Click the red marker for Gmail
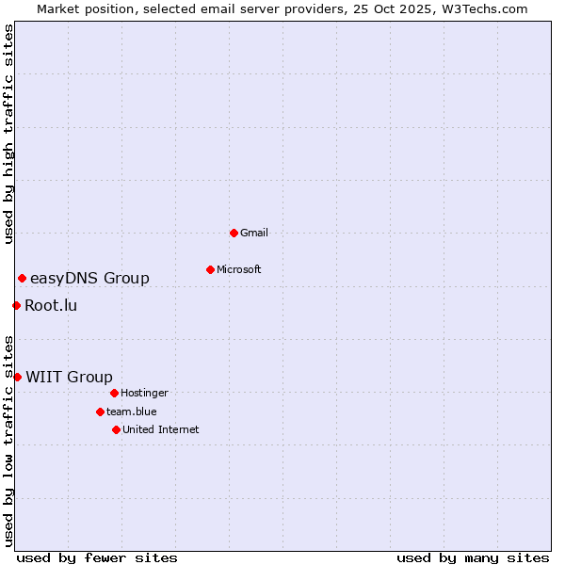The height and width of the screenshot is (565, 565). point(234,233)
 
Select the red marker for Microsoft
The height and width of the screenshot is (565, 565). point(210,269)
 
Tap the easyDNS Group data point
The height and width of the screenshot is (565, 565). point(22,278)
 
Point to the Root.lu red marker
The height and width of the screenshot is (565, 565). point(16,305)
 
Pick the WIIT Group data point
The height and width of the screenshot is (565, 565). point(17,377)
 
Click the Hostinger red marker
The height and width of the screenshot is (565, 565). point(114,393)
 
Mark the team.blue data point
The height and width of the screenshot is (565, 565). point(100,412)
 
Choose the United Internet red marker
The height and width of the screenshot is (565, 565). point(116,429)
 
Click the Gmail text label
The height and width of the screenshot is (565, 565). point(254,233)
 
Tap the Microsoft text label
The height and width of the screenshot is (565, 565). point(239,269)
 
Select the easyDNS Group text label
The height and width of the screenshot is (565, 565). point(89,278)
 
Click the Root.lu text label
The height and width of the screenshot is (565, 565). point(51,305)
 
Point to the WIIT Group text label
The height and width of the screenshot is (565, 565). point(69,377)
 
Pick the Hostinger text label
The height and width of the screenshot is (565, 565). point(144,393)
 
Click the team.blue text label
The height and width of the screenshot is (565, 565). point(132,412)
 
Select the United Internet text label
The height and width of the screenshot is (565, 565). point(161,429)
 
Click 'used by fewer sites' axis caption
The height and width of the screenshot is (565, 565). point(97,557)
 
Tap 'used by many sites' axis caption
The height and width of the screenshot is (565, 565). point(473,557)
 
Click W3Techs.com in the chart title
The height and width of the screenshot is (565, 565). point(484,8)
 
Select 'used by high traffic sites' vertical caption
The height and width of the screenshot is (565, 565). point(8,135)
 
